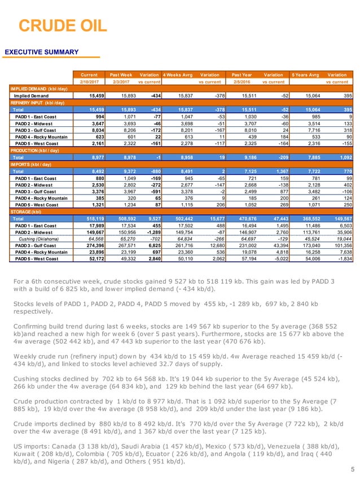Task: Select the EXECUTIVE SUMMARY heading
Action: click(42, 52)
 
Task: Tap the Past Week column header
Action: click(121, 74)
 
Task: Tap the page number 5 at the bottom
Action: click(352, 469)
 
